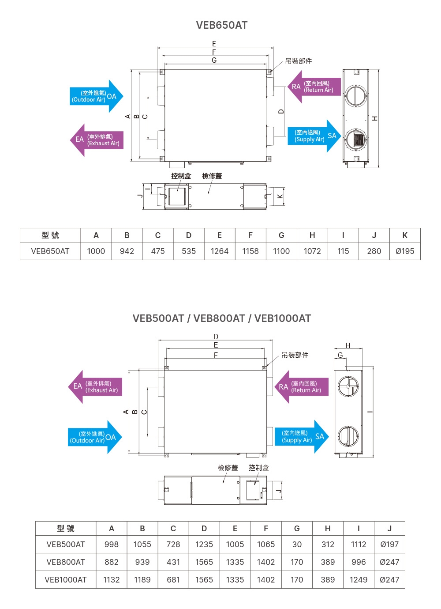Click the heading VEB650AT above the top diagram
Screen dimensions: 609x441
(221, 25)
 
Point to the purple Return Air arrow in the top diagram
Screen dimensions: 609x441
(314, 87)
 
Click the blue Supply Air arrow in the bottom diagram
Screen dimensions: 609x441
(302, 436)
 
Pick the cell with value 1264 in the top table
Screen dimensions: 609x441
(219, 251)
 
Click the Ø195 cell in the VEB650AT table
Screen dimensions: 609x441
(404, 251)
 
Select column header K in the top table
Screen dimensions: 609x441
(404, 235)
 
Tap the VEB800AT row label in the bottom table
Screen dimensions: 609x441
(66, 562)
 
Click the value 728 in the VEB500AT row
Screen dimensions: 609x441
(173, 545)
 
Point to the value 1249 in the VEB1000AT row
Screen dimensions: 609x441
(358, 580)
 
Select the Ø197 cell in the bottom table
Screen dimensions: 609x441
(389, 545)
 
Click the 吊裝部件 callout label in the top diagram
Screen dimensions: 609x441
(298, 61)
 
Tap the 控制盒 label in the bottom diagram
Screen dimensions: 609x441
(258, 468)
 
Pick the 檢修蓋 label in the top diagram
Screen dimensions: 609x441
(212, 176)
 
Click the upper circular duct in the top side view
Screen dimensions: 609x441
(356, 95)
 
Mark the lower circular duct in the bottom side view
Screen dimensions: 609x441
(348, 437)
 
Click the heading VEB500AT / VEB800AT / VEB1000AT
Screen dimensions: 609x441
(221, 318)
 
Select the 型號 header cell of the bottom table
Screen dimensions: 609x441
(66, 529)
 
